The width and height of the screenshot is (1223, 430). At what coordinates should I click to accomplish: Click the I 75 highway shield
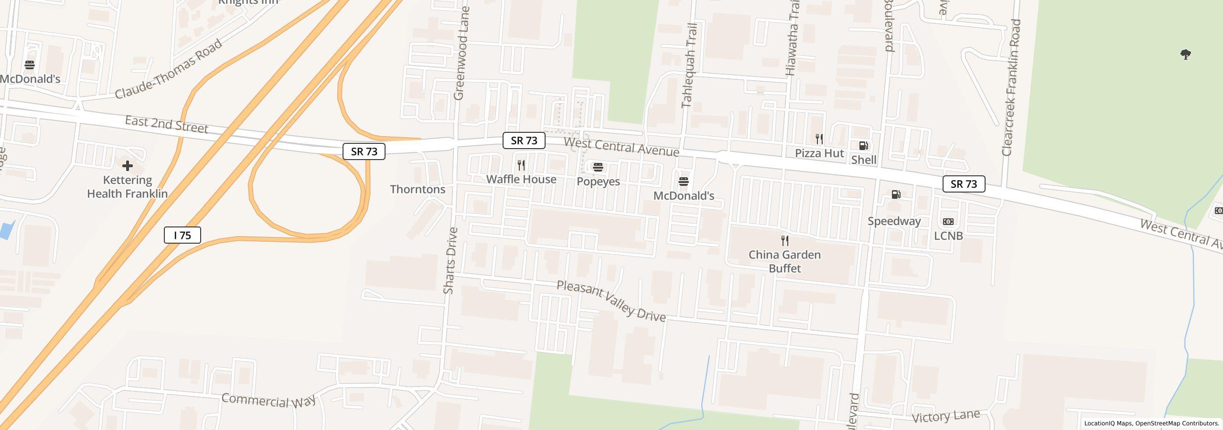click(x=182, y=235)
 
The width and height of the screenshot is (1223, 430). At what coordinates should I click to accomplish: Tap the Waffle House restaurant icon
click(x=521, y=165)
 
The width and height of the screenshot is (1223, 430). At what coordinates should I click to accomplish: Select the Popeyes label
click(x=598, y=182)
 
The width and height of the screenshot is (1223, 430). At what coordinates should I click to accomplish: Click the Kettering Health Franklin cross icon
click(x=127, y=166)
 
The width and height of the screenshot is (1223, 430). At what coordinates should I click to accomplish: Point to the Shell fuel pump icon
click(x=863, y=146)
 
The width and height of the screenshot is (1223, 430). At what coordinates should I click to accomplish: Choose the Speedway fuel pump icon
click(x=896, y=194)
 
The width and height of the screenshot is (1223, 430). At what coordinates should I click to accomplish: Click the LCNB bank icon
click(x=948, y=222)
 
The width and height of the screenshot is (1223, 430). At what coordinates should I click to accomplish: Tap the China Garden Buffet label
click(x=784, y=261)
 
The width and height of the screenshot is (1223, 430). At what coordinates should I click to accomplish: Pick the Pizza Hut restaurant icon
click(x=819, y=139)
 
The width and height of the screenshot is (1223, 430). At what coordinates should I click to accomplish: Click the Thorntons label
click(x=418, y=189)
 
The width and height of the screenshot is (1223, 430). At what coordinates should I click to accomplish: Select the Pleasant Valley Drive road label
click(x=611, y=301)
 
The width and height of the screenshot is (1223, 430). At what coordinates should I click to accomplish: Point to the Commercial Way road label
click(x=268, y=400)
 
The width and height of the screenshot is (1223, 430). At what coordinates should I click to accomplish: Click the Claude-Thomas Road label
click(x=169, y=69)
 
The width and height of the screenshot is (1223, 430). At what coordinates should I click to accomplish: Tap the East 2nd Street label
click(x=166, y=124)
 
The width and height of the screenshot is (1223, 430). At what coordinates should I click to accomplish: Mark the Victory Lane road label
click(x=945, y=416)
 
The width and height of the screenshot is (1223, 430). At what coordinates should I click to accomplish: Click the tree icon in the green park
click(x=1185, y=54)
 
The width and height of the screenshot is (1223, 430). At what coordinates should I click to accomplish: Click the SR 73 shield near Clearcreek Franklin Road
click(x=964, y=184)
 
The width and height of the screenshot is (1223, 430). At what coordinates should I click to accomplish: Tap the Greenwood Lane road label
click(x=462, y=53)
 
